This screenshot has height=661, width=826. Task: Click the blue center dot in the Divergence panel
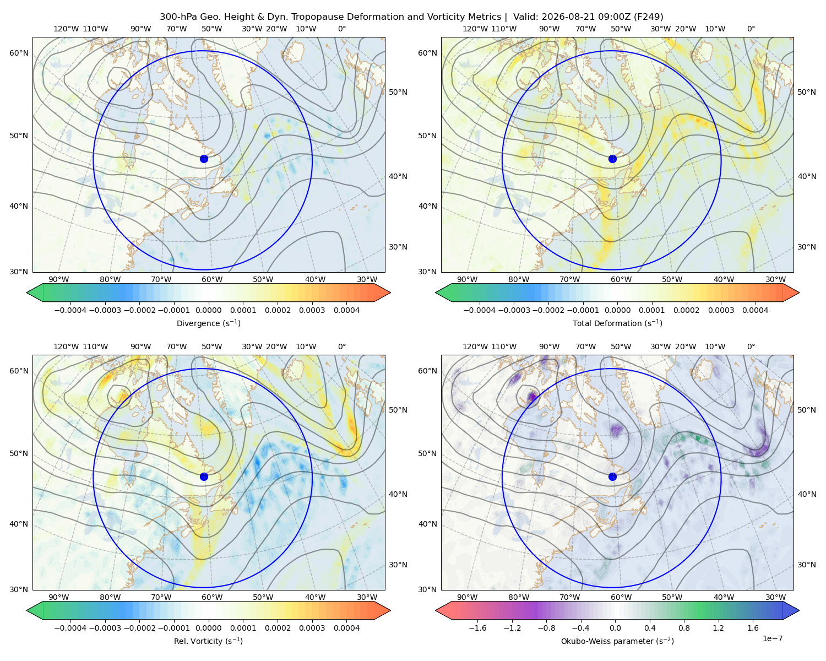coord(204,159)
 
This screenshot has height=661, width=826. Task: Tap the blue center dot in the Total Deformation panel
coord(612,159)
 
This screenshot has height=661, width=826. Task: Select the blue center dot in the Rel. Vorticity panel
coord(204,476)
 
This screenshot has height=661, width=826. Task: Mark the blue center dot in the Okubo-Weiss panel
coord(612,476)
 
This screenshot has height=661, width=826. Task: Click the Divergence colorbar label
coord(208,323)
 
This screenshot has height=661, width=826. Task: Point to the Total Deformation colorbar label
coord(617,323)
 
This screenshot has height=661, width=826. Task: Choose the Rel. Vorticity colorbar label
coord(208,641)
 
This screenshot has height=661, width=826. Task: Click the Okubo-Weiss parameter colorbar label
coord(617,641)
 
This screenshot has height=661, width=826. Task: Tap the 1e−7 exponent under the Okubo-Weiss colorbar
coord(772,638)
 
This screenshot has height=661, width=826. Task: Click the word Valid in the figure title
coord(523,17)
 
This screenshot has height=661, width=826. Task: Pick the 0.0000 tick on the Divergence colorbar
coord(208,310)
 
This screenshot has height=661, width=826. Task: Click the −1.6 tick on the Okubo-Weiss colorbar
coord(477,628)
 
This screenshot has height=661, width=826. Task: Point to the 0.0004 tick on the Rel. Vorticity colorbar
coord(346,628)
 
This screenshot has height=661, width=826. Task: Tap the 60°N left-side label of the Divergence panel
coord(19,53)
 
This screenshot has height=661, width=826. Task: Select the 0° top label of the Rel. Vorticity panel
coord(342,346)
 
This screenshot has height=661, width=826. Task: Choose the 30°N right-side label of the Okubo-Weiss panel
coord(807,565)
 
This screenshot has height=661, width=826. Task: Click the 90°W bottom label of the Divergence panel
coord(59,279)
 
